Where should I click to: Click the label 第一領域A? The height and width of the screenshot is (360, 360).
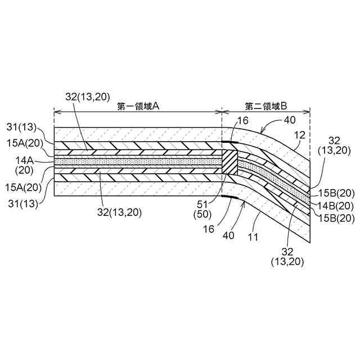pyautogui.click(x=138, y=105)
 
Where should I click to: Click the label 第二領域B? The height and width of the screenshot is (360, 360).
pyautogui.click(x=266, y=105)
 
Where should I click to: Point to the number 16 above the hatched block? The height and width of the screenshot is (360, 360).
pyautogui.click(x=242, y=120)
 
